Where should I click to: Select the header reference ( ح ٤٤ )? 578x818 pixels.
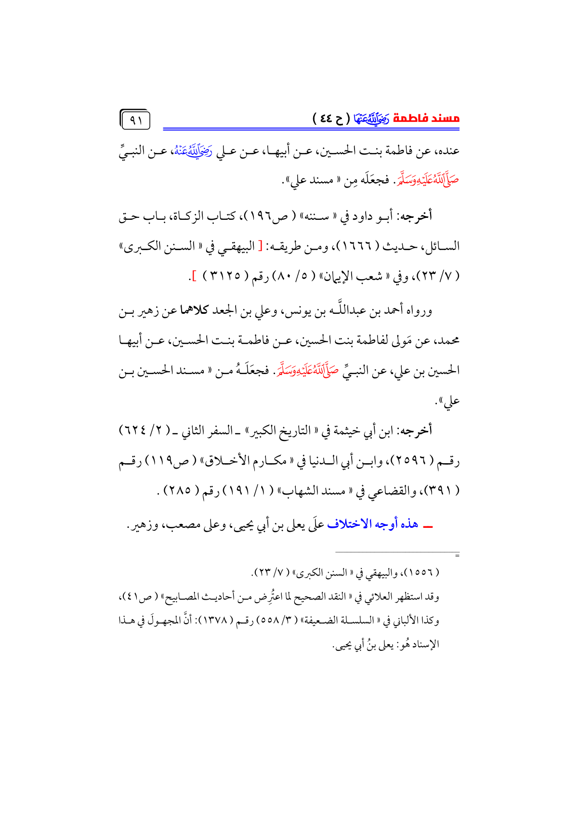(x=331, y=118)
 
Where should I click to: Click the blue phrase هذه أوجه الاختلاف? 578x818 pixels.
(x=372, y=524)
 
